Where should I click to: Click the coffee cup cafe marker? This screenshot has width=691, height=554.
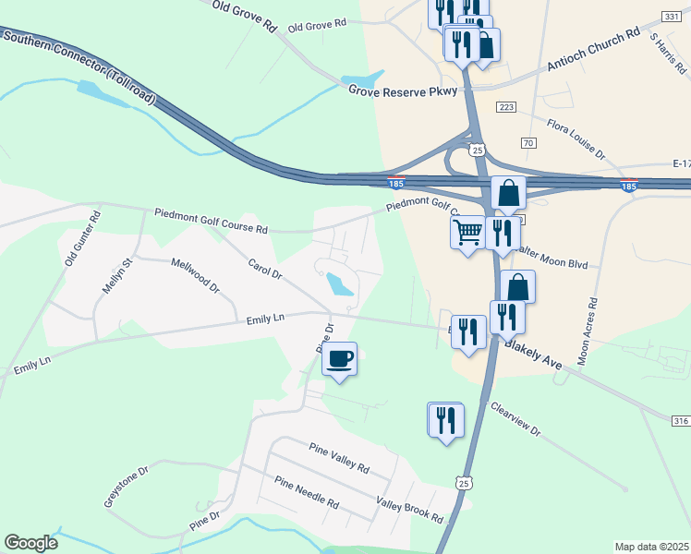tap(340, 358)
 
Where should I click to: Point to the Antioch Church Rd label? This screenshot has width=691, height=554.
tap(593, 49)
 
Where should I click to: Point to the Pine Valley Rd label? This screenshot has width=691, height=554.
tap(339, 455)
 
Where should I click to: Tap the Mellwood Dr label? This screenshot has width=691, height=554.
tap(195, 276)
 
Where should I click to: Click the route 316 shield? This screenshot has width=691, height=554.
tap(681, 420)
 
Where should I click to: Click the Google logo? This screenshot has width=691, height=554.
tap(30, 543)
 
